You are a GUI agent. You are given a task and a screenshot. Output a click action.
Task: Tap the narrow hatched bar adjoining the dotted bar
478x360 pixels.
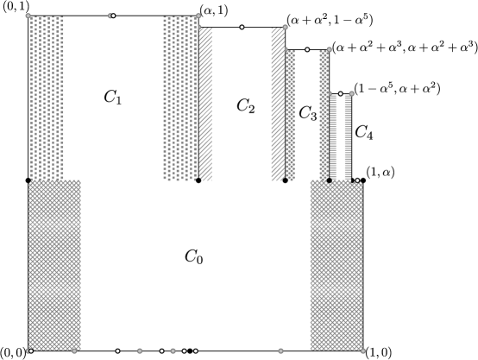click(x=205, y=104)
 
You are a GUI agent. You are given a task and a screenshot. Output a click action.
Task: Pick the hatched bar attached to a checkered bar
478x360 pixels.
click(x=278, y=104)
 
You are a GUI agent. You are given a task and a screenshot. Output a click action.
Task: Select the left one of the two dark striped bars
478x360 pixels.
click(x=333, y=137)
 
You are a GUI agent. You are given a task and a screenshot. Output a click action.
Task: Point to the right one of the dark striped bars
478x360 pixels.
click(x=348, y=137)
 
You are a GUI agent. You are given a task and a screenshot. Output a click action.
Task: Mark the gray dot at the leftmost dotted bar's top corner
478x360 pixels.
click(x=28, y=16)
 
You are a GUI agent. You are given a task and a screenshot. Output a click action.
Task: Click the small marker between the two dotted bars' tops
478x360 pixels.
click(x=111, y=16)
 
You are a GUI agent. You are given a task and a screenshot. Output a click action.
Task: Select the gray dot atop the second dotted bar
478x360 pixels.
click(x=198, y=16)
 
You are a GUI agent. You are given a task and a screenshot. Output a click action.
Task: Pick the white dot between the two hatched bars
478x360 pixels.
click(x=242, y=28)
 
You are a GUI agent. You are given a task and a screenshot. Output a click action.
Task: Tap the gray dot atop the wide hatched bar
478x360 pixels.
click(x=285, y=27)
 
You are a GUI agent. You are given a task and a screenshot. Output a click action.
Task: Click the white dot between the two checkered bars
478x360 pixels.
click(x=307, y=49)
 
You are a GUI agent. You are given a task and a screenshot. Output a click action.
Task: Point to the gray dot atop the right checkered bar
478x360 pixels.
click(x=329, y=49)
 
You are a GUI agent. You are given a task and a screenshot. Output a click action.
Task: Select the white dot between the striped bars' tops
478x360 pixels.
click(x=341, y=93)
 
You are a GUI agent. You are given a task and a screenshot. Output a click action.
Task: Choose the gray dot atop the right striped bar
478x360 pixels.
click(x=351, y=93)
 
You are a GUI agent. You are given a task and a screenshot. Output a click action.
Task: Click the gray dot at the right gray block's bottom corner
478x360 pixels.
click(x=362, y=351)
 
